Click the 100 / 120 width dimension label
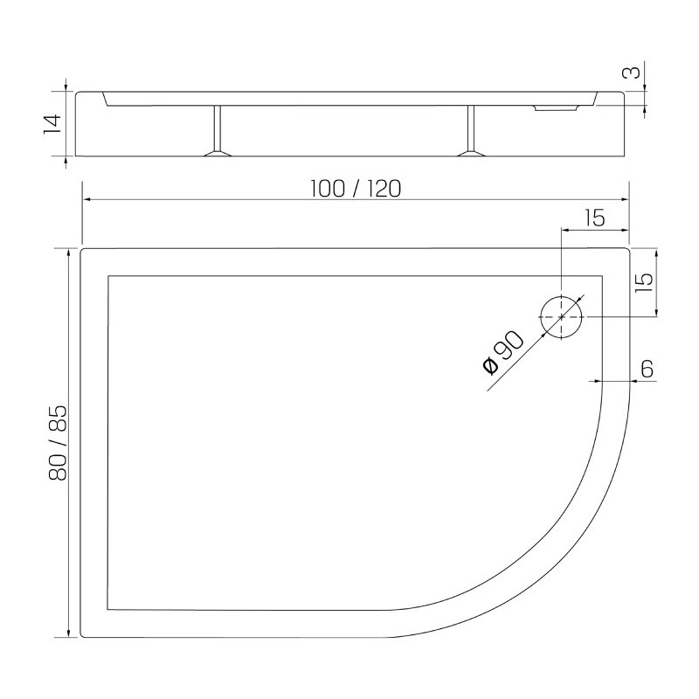[356, 189]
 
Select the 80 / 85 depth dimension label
[58, 443]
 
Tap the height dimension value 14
[52, 124]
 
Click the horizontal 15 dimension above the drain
[595, 218]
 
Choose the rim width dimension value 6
[647, 369]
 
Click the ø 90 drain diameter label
[503, 352]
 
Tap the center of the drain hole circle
[561, 316]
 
